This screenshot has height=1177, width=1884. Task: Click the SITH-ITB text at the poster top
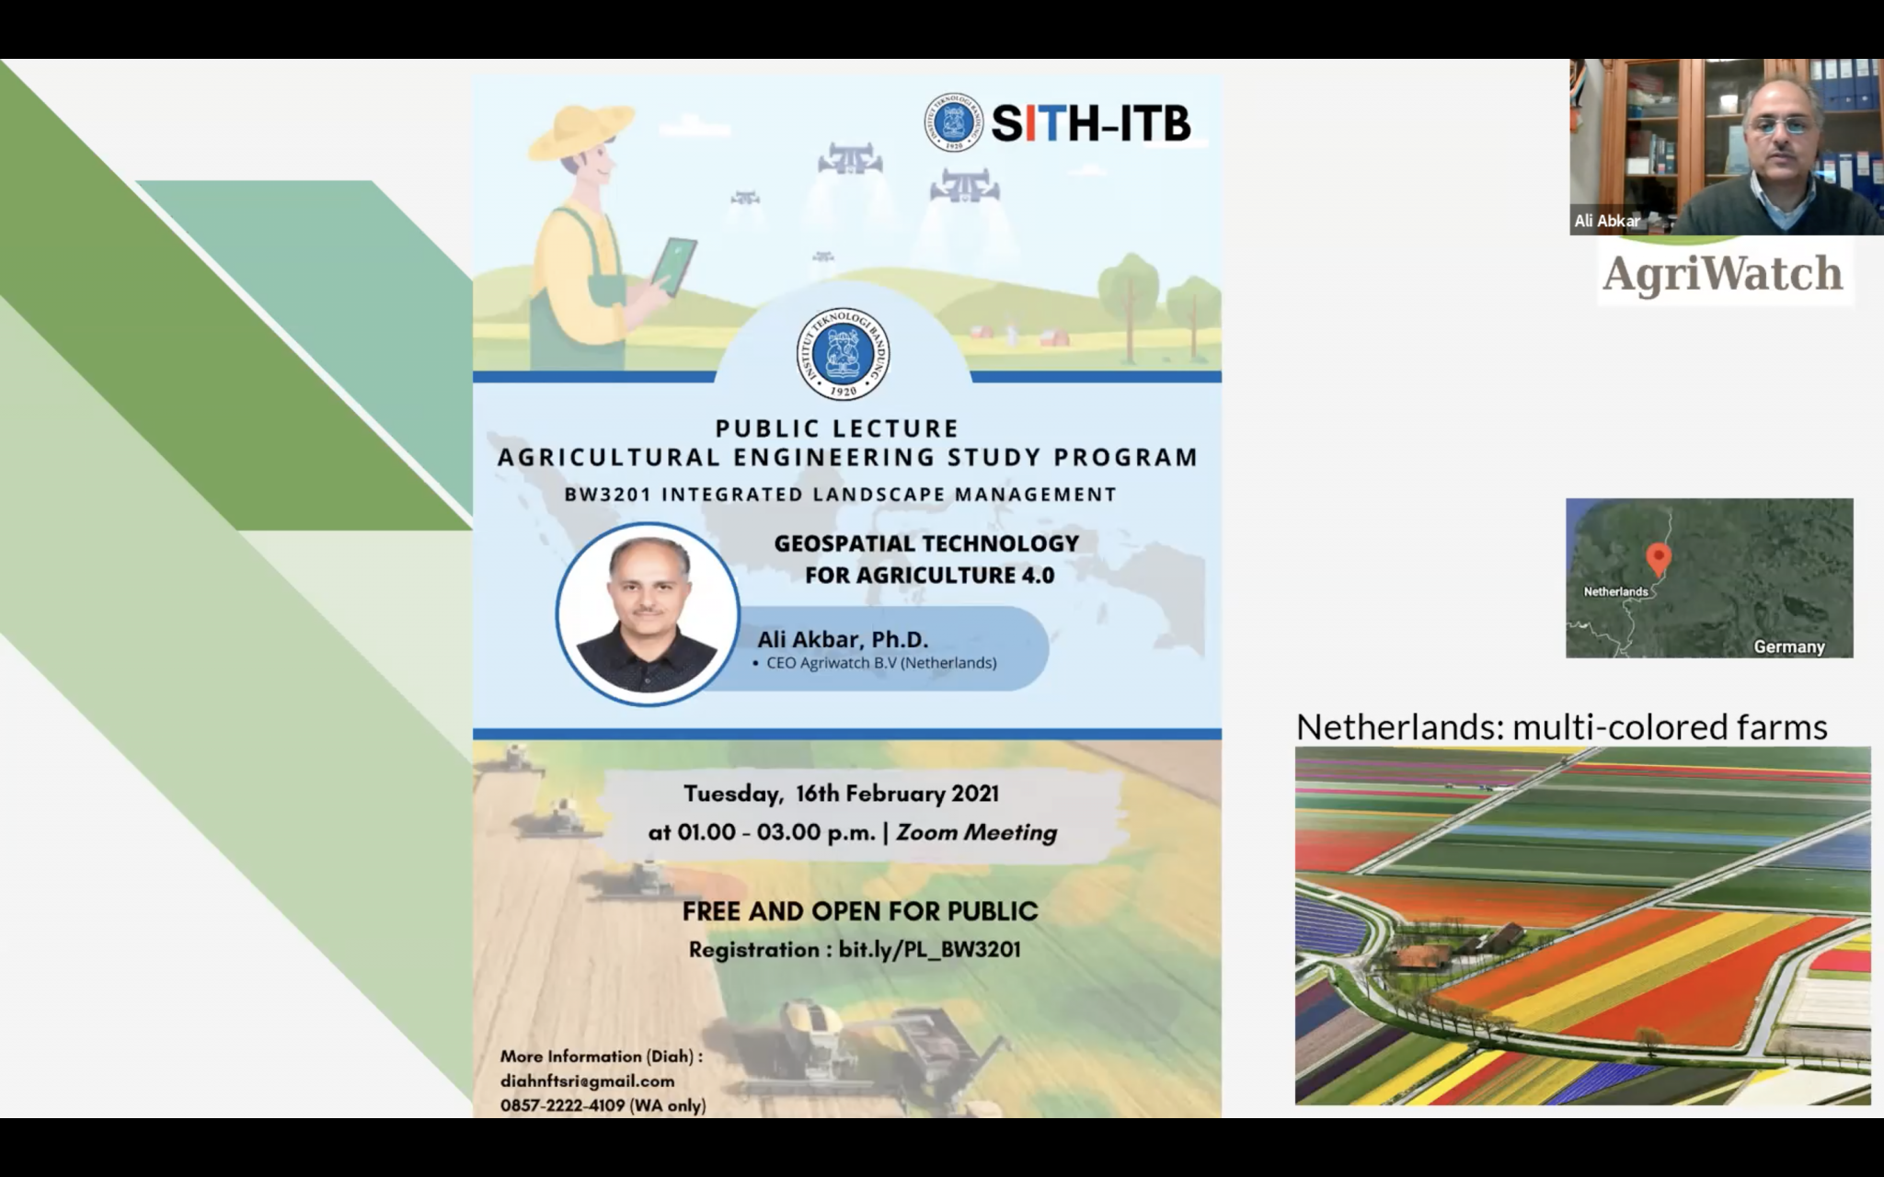(1091, 122)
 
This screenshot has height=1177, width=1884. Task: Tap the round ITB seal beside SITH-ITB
(954, 122)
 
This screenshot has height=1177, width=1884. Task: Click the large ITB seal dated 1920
(843, 354)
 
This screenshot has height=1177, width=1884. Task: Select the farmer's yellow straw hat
(580, 128)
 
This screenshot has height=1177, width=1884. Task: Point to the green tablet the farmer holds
(674, 266)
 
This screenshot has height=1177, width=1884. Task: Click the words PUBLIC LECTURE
(837, 429)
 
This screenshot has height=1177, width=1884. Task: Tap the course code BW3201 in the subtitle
(607, 495)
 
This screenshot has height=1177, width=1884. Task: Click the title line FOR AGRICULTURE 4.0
(929, 575)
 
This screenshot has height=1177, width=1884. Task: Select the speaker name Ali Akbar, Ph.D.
(843, 639)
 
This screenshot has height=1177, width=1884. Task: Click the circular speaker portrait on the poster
(648, 614)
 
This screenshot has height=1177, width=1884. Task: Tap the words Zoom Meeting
(977, 832)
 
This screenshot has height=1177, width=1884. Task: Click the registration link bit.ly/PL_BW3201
(929, 949)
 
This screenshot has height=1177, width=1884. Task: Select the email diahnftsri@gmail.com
(587, 1081)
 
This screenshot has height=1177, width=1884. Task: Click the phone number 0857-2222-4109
(562, 1105)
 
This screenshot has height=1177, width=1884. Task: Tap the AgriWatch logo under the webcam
(1722, 274)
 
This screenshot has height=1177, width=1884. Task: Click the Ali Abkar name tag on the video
(1606, 221)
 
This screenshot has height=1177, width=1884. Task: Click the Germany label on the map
(1789, 646)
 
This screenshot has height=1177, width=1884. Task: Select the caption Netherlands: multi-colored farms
(1561, 727)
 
